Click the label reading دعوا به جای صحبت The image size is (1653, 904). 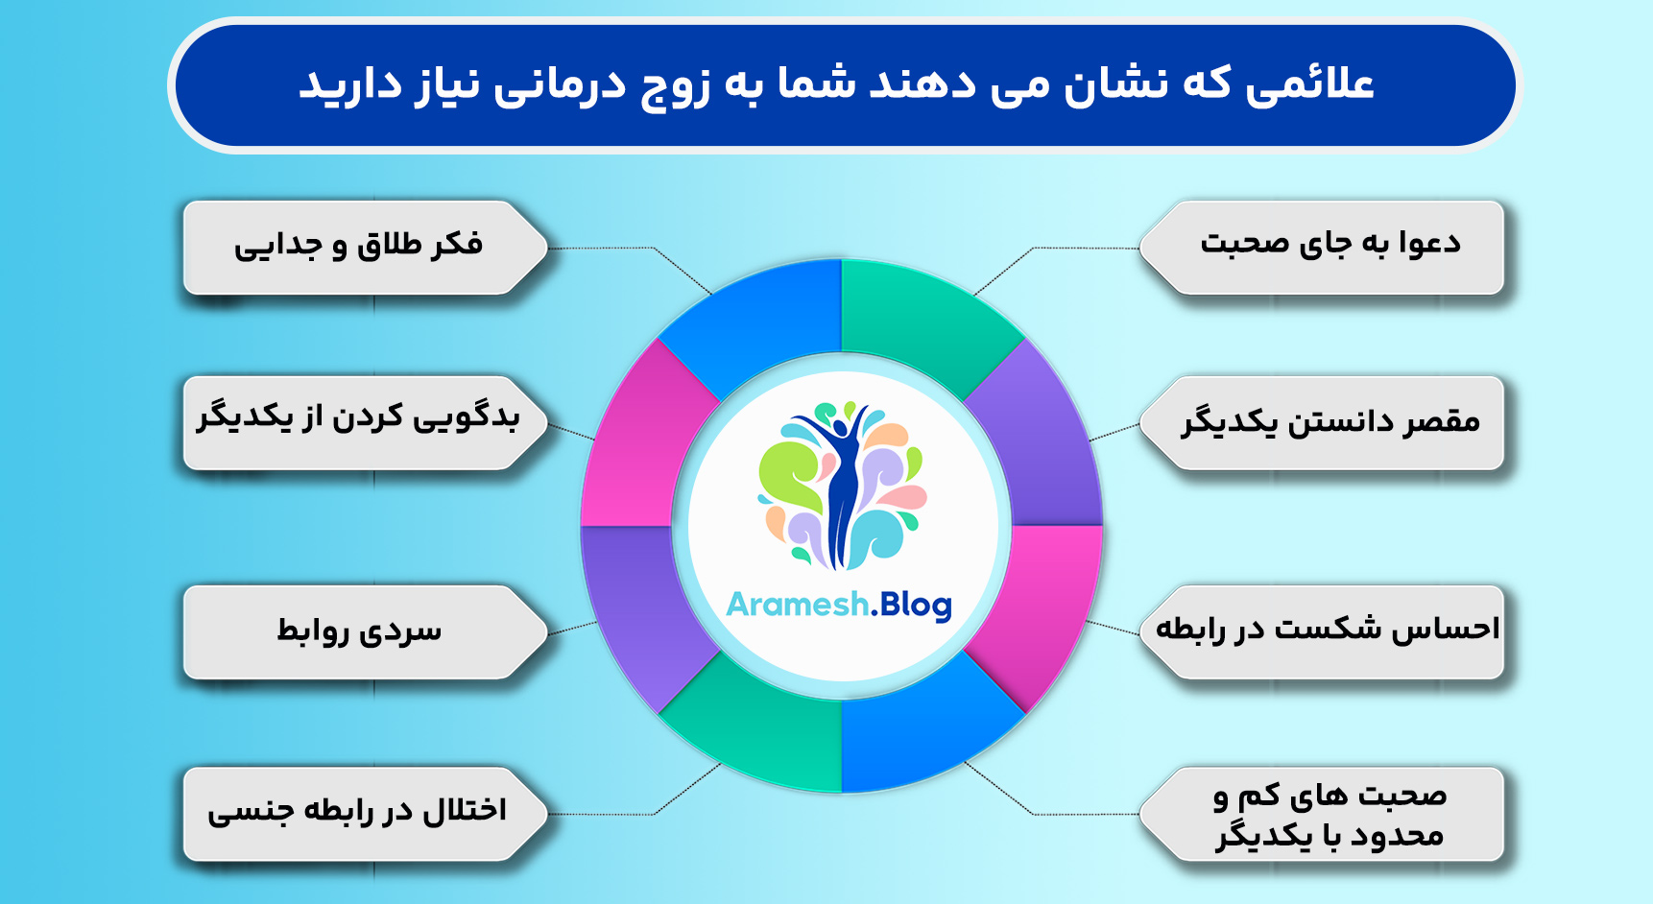click(1330, 246)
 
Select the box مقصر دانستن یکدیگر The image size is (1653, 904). click(1330, 422)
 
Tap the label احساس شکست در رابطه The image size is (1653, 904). click(1328, 630)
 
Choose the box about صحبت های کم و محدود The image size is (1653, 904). click(1330, 814)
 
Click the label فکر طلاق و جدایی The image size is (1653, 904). click(358, 246)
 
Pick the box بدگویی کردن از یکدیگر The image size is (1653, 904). click(358, 420)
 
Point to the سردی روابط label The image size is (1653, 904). click(358, 630)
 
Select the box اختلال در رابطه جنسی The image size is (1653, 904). click(358, 812)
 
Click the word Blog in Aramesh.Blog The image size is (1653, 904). click(914, 605)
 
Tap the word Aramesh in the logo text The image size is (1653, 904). click(797, 605)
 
